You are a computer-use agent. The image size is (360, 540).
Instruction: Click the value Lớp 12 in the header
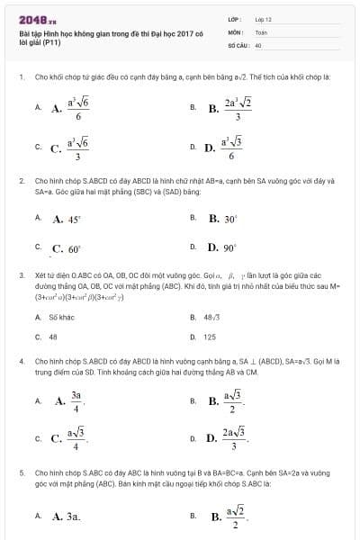click(263, 18)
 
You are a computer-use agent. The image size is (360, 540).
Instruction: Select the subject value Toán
click(261, 31)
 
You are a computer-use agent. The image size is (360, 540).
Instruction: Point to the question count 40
click(258, 44)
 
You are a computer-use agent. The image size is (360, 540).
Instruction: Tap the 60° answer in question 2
click(67, 248)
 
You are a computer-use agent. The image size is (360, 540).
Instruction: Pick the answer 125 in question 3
click(210, 337)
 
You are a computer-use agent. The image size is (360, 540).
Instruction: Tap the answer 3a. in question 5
click(67, 517)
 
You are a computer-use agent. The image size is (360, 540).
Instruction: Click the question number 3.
click(21, 274)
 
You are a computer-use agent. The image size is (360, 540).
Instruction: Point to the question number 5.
click(21, 471)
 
